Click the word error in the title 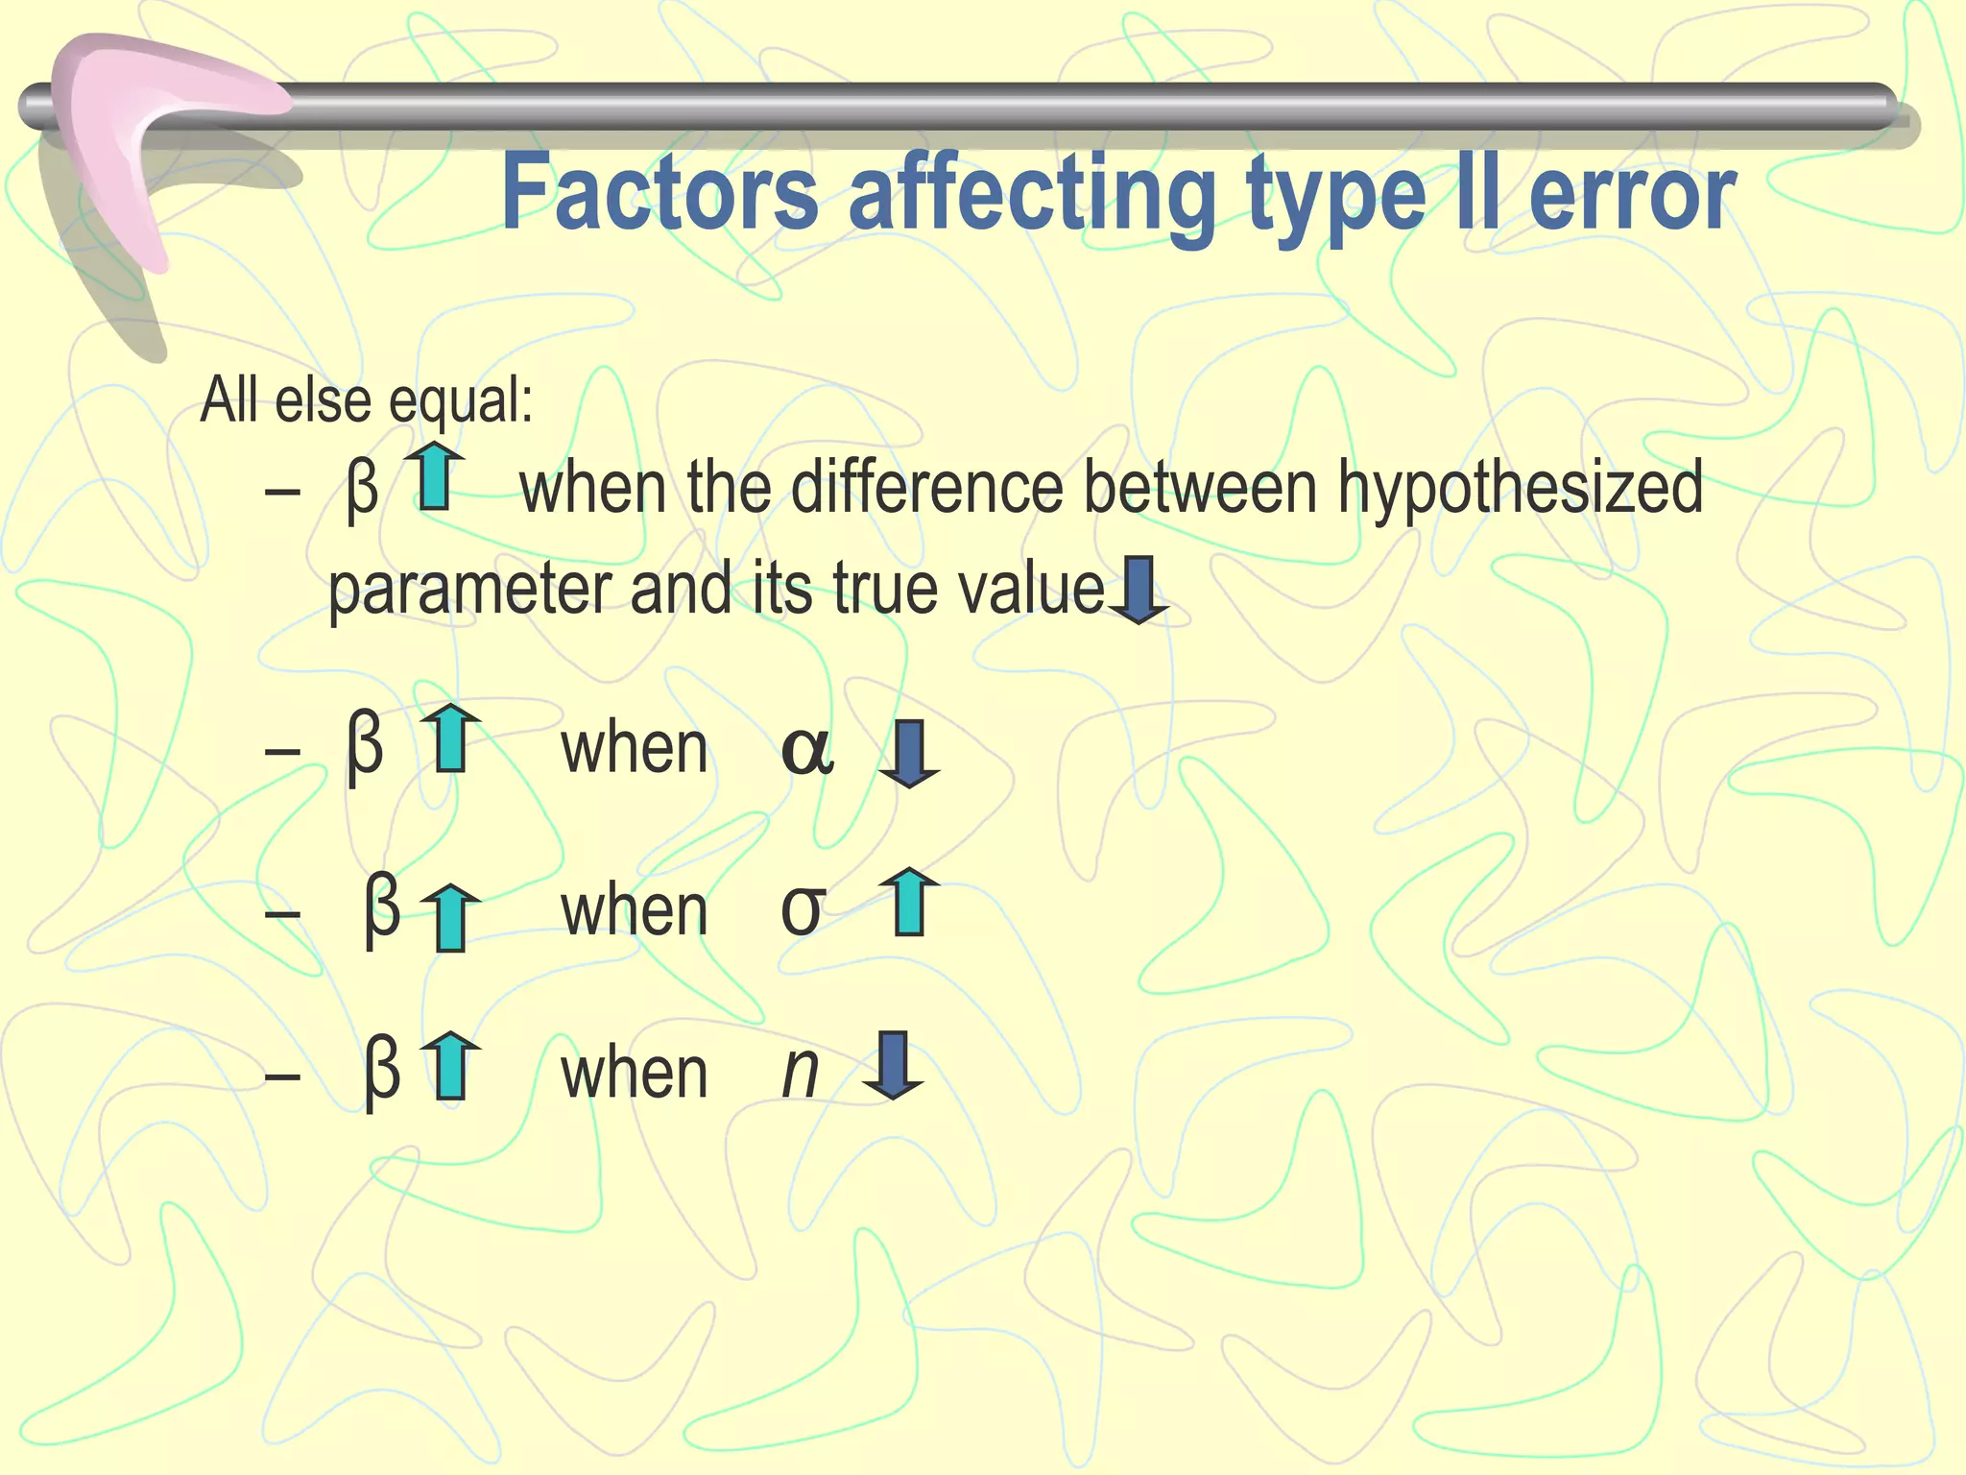pyautogui.click(x=1632, y=195)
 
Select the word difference pyautogui.click(x=928, y=487)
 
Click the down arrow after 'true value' pyautogui.click(x=1139, y=591)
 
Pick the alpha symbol pyautogui.click(x=807, y=751)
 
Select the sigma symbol pyautogui.click(x=803, y=910)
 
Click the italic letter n pyautogui.click(x=800, y=1073)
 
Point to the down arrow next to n pyautogui.click(x=894, y=1065)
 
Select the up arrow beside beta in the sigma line pyautogui.click(x=450, y=918)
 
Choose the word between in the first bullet pyautogui.click(x=1200, y=487)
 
